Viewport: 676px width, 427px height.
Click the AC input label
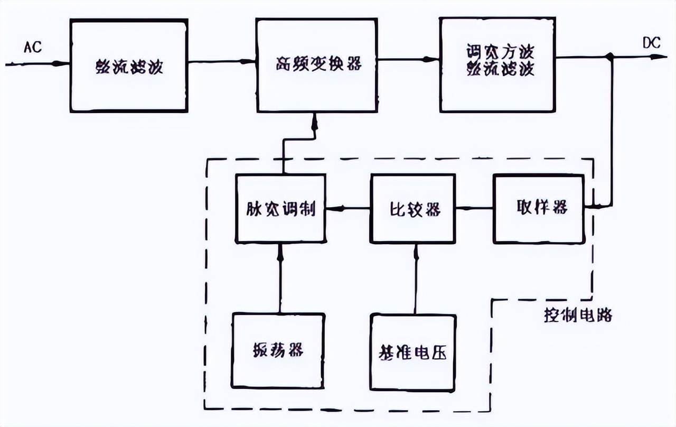tap(32, 47)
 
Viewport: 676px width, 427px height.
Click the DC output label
tap(651, 43)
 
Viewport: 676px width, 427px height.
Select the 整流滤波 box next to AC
tap(129, 66)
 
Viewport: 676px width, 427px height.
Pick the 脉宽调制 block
tap(280, 209)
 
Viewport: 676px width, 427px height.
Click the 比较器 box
tap(412, 209)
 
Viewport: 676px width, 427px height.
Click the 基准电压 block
tap(412, 351)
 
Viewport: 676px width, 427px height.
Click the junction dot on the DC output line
tap(611, 57)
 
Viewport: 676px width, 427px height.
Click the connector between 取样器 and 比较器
tap(474, 208)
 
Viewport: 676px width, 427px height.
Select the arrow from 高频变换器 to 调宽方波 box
tap(408, 60)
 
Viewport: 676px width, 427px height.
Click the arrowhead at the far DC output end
tap(655, 57)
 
